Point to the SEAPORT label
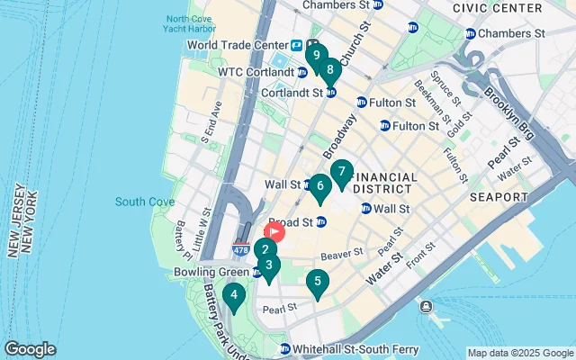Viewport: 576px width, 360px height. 498,196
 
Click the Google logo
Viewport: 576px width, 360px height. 30,349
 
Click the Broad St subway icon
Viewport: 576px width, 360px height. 320,222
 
